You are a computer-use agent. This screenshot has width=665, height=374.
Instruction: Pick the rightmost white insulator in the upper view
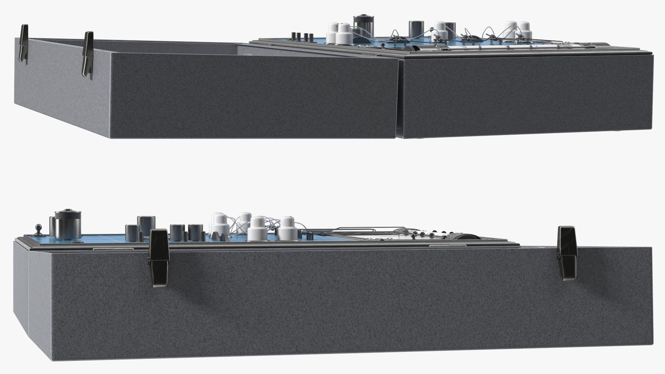click(524, 31)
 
